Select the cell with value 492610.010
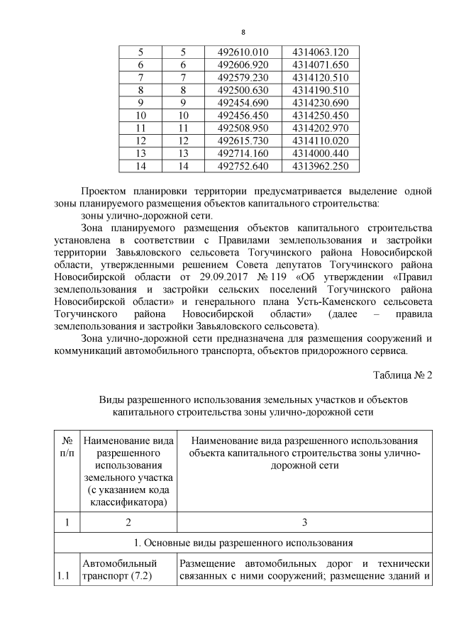[x=243, y=52]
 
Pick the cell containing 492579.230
[x=243, y=77]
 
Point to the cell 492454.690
[x=243, y=102]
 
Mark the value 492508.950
[x=243, y=128]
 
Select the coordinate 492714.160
[x=243, y=153]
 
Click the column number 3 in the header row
[x=304, y=523]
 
